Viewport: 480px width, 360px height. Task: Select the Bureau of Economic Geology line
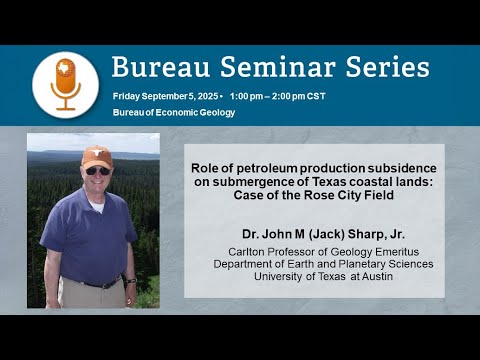(174, 112)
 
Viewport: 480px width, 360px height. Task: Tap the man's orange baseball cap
(97, 157)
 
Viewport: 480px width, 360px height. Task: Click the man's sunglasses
(97, 171)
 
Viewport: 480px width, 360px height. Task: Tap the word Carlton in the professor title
(249, 250)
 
